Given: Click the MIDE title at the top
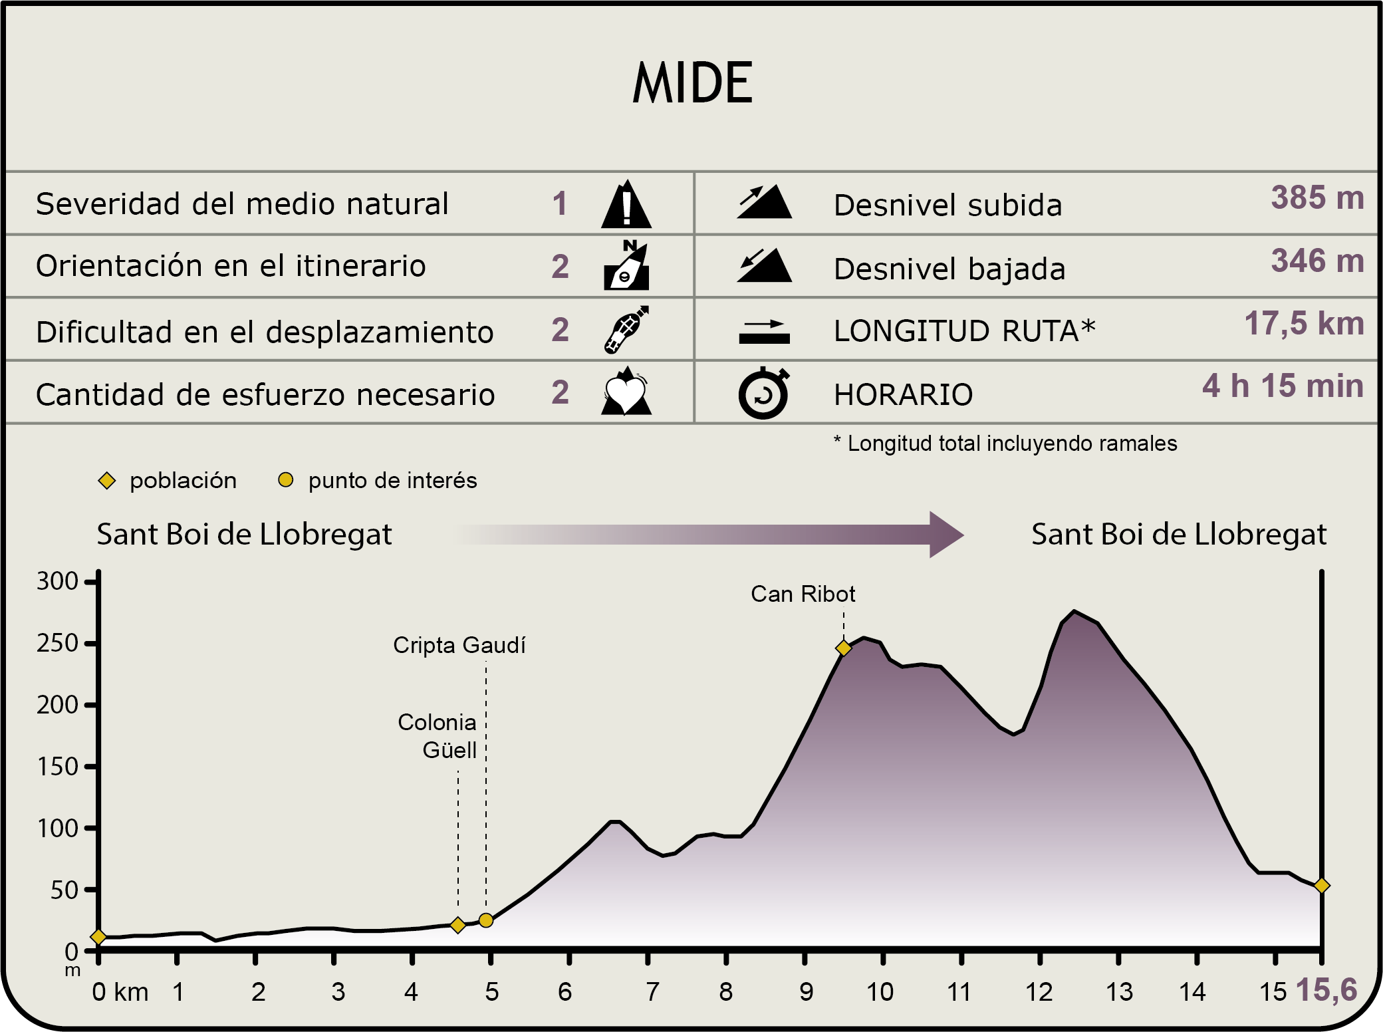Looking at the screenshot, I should click(692, 83).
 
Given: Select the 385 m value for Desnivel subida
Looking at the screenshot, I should click(1317, 197).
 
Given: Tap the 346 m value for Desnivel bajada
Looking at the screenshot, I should click(1317, 261).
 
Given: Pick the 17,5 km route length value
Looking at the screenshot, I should click(1304, 324).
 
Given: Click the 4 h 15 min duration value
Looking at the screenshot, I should click(1283, 386).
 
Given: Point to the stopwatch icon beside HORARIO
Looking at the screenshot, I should click(763, 394).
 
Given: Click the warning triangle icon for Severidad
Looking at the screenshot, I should click(626, 205).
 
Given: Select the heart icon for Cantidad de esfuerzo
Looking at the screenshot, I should click(626, 393).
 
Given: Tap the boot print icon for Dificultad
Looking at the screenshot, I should click(626, 330).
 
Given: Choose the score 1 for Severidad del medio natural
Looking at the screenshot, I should click(560, 203).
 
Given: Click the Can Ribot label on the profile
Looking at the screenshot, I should click(803, 594).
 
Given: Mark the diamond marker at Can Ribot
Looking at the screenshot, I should click(844, 648).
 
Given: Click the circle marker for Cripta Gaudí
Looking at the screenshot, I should click(486, 920).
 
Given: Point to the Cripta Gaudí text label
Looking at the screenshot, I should click(459, 645).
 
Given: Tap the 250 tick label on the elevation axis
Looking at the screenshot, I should click(58, 643).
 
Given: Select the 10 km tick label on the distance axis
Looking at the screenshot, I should click(880, 992).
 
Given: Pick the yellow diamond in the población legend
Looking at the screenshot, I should click(107, 481).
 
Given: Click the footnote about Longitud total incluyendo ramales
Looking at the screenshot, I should click(1005, 444).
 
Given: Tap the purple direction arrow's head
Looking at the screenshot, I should click(945, 534).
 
